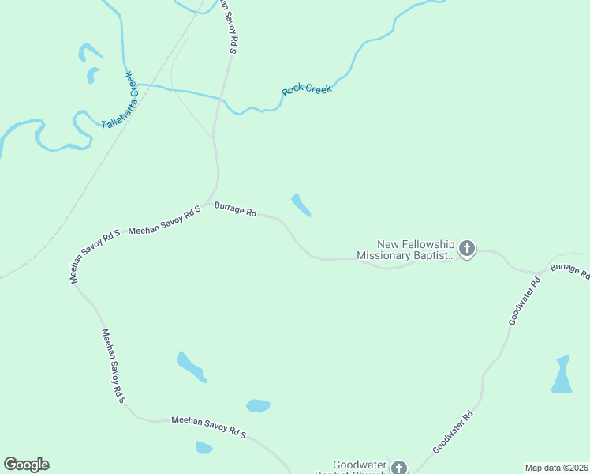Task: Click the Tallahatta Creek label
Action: coord(119,100)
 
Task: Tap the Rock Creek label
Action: coord(307,90)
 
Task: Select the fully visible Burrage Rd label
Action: coord(236,211)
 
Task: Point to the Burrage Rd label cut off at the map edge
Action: coord(569,271)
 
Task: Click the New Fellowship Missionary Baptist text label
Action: coord(406,250)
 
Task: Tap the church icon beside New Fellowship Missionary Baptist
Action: coord(466,250)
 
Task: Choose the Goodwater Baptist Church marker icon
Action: coord(399,468)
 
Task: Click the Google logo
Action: coord(26,465)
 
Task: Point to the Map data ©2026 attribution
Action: coord(556,468)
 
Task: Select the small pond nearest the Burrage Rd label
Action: coord(301,205)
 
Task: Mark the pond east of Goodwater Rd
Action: coord(562,375)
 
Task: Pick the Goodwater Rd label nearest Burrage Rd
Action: coord(525,301)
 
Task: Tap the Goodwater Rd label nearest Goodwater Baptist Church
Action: coord(454,432)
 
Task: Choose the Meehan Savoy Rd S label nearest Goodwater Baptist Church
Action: coord(209,427)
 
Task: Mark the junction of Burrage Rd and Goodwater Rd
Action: coord(540,273)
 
